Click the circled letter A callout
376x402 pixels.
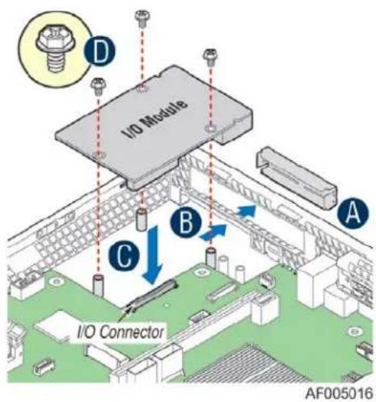point(353,214)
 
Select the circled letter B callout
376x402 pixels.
point(186,222)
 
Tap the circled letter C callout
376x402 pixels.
point(125,257)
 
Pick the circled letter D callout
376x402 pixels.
point(99,51)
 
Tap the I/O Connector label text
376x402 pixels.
point(120,333)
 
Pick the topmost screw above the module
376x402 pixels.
point(142,19)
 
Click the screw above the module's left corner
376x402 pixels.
point(98,86)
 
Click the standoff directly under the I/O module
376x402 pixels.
point(142,220)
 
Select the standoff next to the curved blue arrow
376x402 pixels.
point(211,258)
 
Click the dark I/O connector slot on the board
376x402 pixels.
point(153,294)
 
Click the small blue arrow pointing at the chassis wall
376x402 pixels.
point(246,210)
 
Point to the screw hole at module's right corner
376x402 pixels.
point(210,128)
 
